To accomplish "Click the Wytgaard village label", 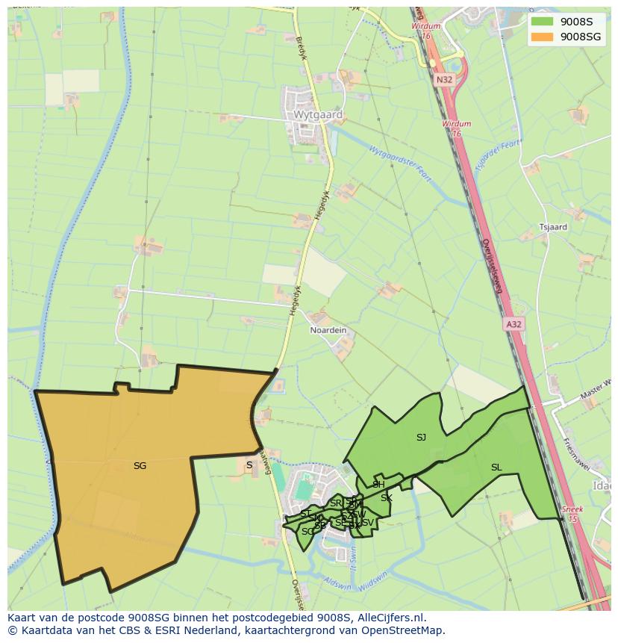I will (318, 116).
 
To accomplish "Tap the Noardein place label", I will (328, 330).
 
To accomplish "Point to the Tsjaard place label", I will (553, 227).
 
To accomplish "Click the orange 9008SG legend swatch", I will (543, 36).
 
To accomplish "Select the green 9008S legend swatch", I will (543, 22).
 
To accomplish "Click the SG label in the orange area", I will (140, 466).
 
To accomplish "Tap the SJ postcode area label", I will (421, 438).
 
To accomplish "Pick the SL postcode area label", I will (496, 468).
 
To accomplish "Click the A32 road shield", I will (514, 324).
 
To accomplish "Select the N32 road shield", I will (445, 78).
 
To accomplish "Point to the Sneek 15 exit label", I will (572, 514).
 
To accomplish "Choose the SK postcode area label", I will (386, 498).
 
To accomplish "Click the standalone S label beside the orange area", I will (249, 465).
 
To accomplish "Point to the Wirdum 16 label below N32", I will (456, 128).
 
